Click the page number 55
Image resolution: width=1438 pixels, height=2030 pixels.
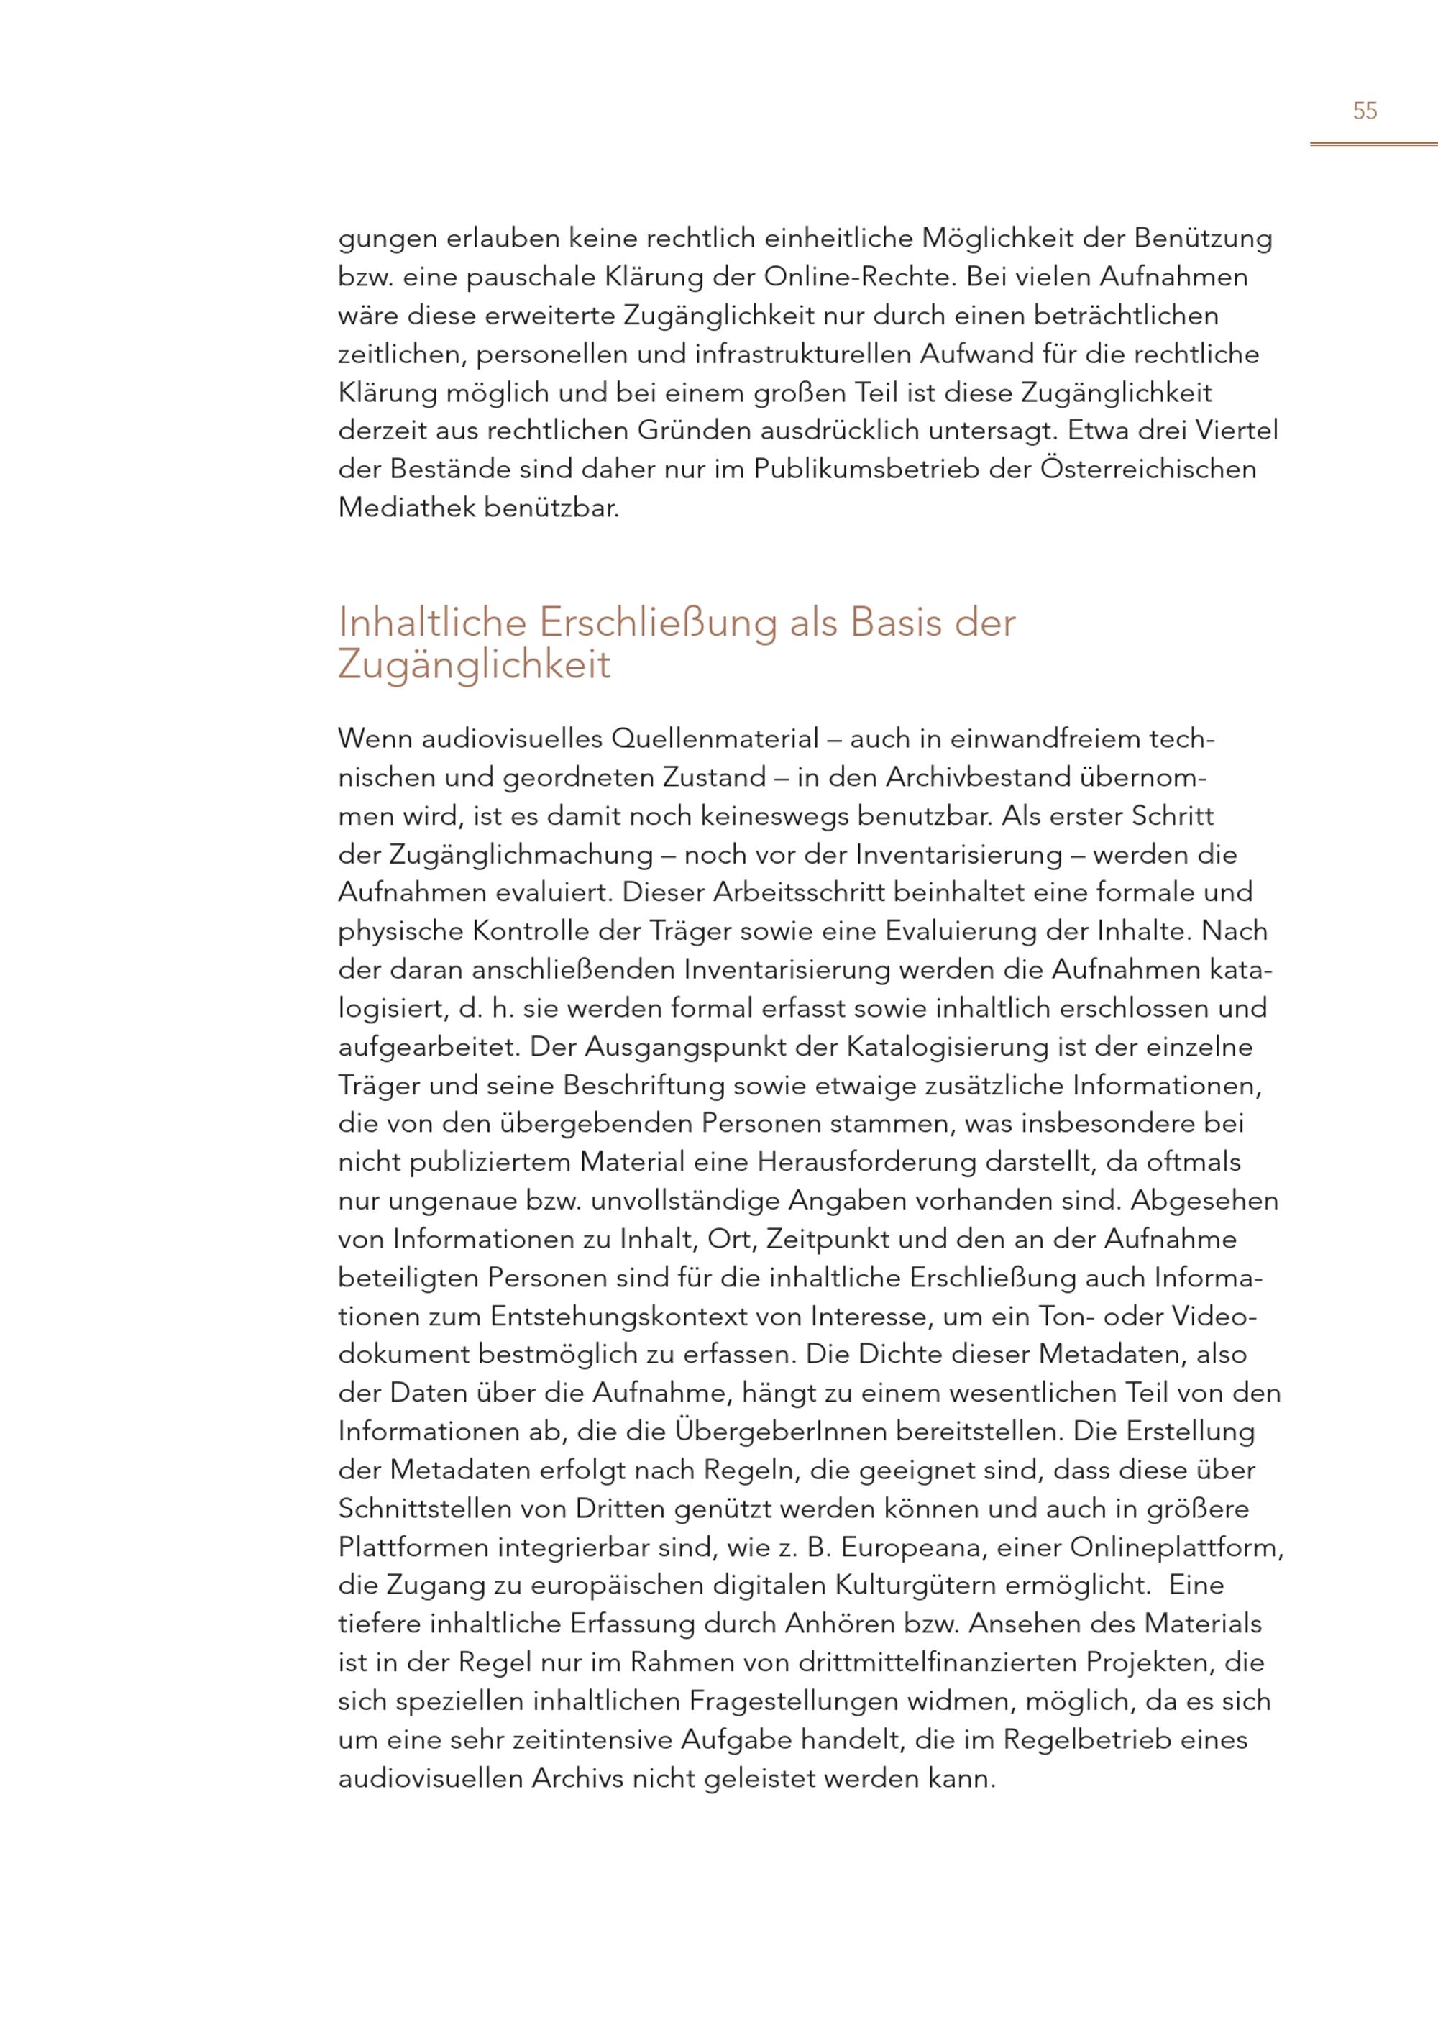(x=1365, y=111)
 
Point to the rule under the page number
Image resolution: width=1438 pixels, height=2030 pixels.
(x=1373, y=144)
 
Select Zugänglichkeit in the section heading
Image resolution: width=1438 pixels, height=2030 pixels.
(x=475, y=665)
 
